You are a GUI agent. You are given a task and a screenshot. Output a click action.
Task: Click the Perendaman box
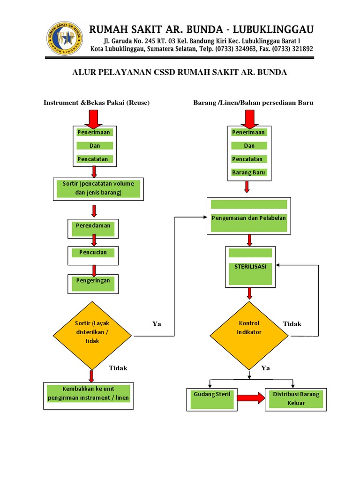tap(93, 229)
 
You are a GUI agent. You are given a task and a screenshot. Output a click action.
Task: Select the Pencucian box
tap(93, 255)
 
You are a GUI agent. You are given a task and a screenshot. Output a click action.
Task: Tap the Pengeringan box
tap(93, 284)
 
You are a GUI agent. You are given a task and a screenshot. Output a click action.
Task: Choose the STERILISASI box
tap(250, 267)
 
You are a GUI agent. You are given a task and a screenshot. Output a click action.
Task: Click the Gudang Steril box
tap(212, 399)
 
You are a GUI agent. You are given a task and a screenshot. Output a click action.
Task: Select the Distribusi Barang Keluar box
tap(296, 399)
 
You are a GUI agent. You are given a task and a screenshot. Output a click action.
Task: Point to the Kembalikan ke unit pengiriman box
tap(89, 396)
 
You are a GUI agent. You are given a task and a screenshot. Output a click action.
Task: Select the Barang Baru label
tap(248, 172)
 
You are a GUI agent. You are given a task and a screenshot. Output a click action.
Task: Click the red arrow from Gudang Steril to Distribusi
tap(250, 398)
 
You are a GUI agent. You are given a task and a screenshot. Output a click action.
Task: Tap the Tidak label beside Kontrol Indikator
tap(292, 324)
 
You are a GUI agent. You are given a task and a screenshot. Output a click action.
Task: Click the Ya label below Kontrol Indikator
tap(266, 368)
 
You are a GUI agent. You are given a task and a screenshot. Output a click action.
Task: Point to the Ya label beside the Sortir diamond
tap(157, 324)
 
